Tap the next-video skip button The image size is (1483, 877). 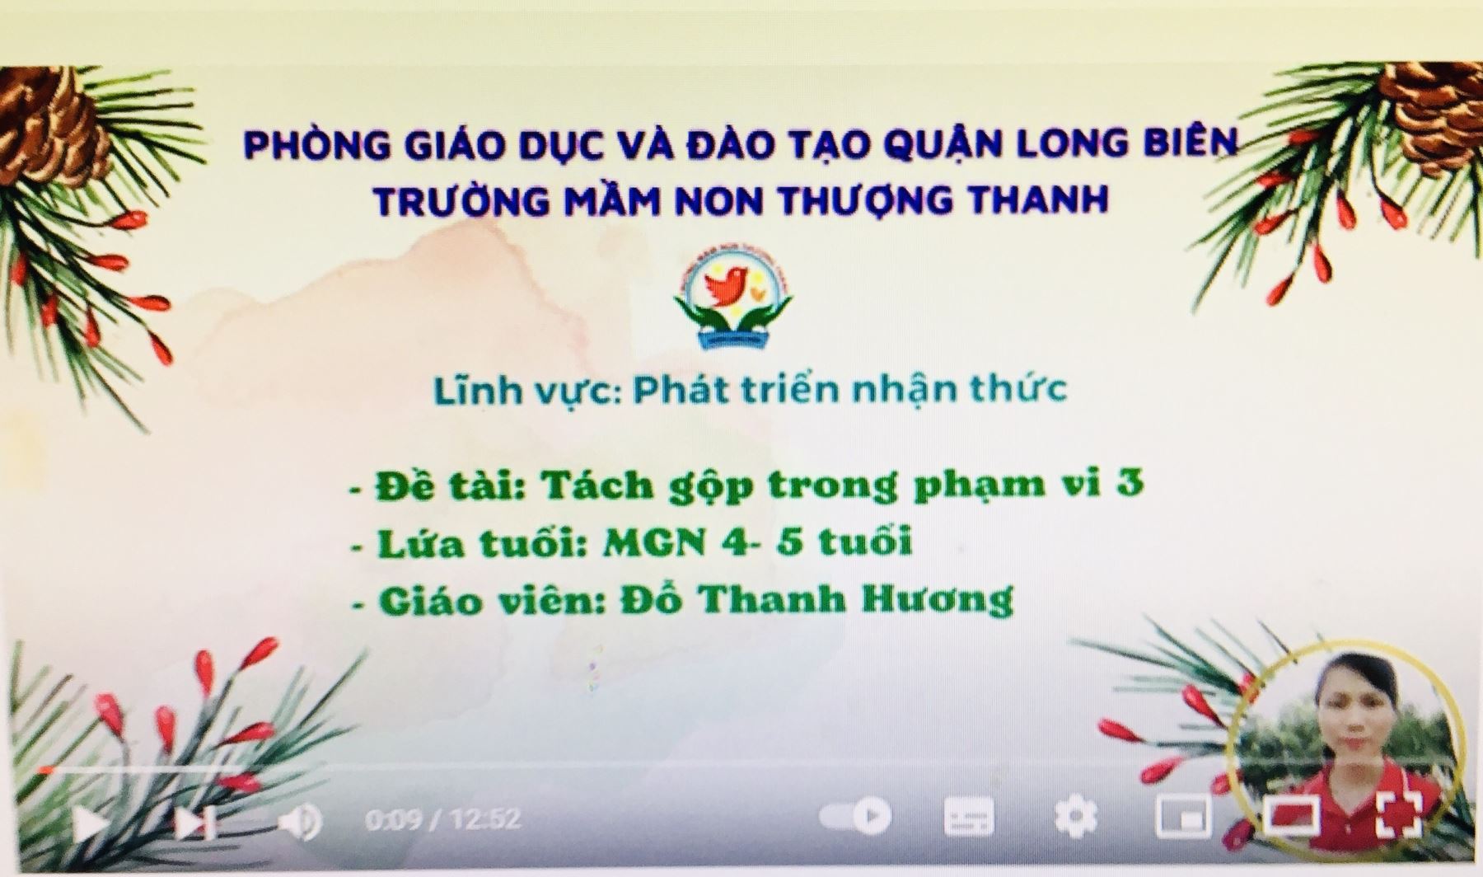[x=196, y=822]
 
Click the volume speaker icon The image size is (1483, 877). [x=300, y=821]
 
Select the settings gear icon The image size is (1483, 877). [x=1076, y=816]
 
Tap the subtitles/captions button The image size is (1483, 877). [x=968, y=816]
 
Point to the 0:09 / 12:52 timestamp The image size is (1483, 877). [x=442, y=819]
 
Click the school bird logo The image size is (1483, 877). [x=733, y=301]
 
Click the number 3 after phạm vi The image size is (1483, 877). [x=1130, y=481]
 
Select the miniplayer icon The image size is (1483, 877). [x=1183, y=816]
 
